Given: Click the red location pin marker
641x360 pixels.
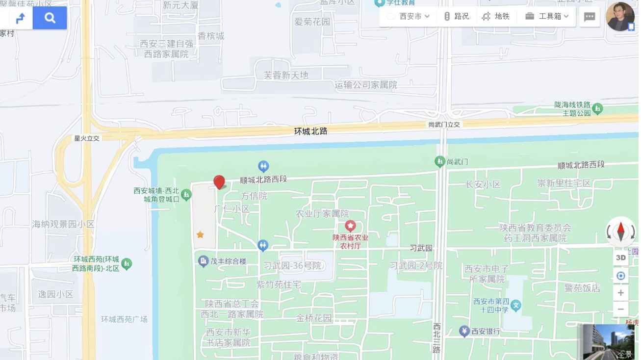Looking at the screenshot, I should point(219,182).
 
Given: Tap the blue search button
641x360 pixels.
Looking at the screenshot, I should point(50,18).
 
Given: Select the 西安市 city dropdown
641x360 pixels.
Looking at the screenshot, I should point(409,16).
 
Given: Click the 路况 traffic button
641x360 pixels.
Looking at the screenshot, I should point(456,16).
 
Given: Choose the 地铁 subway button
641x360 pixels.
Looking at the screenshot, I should point(496,16).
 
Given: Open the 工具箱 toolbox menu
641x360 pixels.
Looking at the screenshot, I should point(546,16).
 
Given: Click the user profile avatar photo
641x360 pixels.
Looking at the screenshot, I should point(620,17).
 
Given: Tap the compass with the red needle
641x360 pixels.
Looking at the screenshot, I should point(620,231).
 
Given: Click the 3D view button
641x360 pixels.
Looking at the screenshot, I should point(620,257).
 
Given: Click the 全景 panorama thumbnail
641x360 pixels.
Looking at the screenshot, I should point(609,342).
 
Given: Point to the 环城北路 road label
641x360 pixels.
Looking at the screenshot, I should point(310,131).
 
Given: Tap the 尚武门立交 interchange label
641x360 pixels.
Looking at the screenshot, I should point(444,125).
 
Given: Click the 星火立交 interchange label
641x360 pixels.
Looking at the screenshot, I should point(87,138).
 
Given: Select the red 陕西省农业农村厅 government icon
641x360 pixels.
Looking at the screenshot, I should point(350,226).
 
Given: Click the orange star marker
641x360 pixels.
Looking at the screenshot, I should point(200,234).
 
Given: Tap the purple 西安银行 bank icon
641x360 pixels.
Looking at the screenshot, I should point(464,332).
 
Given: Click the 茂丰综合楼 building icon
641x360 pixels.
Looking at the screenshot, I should point(204,261).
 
